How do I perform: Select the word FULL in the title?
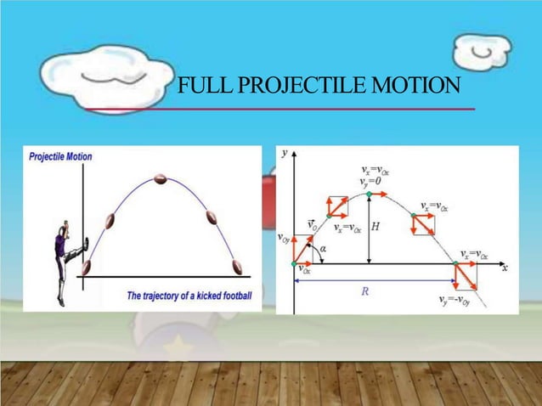[200, 87]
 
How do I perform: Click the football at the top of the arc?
[161, 178]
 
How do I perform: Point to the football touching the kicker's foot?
[86, 267]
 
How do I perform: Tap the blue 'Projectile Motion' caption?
[61, 156]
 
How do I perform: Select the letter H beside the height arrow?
[375, 228]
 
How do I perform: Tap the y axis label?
[285, 153]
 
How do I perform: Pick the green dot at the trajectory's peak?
[369, 195]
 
